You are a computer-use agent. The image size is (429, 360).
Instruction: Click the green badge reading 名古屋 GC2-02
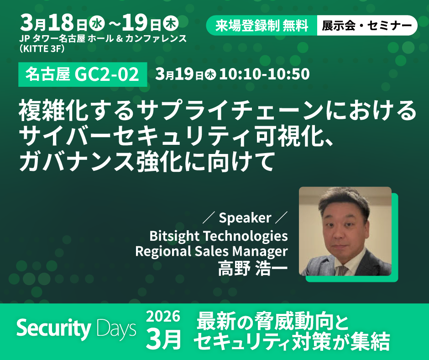[x=83, y=74]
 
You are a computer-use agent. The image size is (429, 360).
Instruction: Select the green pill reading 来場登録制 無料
[x=262, y=26]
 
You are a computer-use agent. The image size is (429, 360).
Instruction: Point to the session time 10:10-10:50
[x=264, y=74]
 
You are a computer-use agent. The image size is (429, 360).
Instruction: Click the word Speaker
[x=245, y=218]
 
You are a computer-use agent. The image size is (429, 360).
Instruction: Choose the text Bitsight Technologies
[x=218, y=236]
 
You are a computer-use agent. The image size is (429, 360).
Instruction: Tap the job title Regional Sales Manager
[x=211, y=251]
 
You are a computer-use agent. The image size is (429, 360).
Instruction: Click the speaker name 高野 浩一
[x=253, y=269]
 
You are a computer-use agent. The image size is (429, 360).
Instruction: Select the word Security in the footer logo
[x=54, y=328]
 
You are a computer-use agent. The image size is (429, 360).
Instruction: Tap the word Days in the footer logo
[x=116, y=328]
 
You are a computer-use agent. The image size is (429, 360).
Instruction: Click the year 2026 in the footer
[x=163, y=317]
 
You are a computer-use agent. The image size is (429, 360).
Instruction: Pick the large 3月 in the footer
[x=163, y=339]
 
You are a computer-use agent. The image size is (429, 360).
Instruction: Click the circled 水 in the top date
[x=97, y=24]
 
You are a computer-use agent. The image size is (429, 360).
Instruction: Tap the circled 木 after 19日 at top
[x=171, y=24]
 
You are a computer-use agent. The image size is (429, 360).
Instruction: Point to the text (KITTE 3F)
[x=42, y=49]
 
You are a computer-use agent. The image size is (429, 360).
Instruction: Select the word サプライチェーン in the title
[x=230, y=111]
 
